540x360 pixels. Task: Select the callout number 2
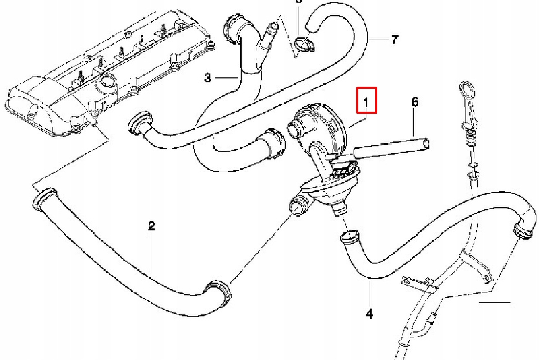pos(151,226)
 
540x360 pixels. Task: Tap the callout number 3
pos(207,78)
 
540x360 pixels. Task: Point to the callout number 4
pos(370,313)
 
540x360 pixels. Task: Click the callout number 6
pos(415,102)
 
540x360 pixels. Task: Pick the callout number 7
pos(394,39)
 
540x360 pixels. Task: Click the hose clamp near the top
pos(304,45)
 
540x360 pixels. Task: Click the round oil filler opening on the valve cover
pos(108,81)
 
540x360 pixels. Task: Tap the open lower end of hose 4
pos(349,238)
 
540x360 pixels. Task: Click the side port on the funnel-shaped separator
pos(299,205)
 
